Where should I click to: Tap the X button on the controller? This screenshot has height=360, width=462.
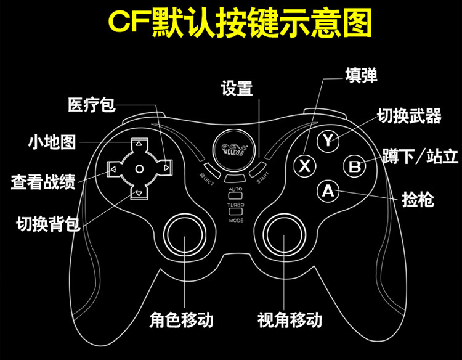304,165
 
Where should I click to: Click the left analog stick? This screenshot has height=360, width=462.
184,235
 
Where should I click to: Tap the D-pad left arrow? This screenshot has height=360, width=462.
114,168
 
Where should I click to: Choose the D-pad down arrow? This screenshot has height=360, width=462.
139,194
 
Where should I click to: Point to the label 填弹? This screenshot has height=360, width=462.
361,75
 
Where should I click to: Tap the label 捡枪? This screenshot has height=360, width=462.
418,199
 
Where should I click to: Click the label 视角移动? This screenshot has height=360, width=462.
290,320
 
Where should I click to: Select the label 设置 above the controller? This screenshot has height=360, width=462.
237,88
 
